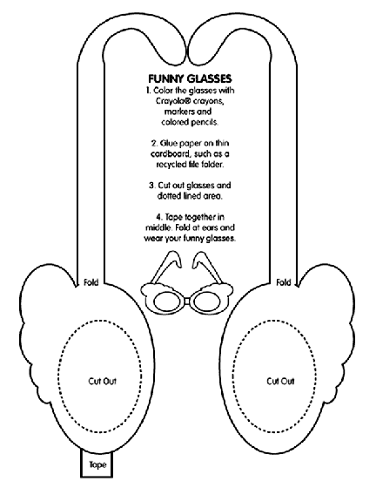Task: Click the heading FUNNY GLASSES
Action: [190, 78]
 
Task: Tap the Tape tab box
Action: [97, 464]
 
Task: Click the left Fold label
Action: [91, 282]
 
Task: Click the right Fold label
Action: [284, 282]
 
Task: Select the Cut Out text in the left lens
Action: [103, 381]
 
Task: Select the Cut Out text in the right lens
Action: [280, 381]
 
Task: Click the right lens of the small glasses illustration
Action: [207, 302]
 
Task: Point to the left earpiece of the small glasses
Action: [165, 268]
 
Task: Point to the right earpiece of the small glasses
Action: [208, 268]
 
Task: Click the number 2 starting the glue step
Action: [154, 144]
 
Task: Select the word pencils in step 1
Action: [205, 122]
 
